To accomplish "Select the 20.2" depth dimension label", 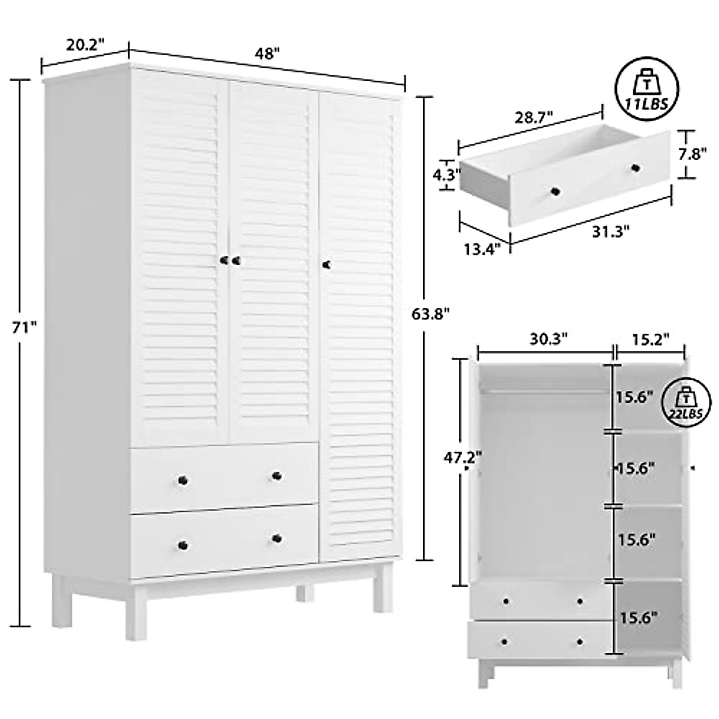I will [x=85, y=45].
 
